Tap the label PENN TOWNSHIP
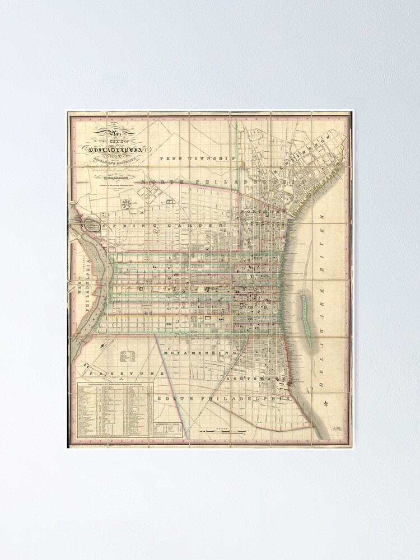[195, 158]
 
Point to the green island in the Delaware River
[306, 315]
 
